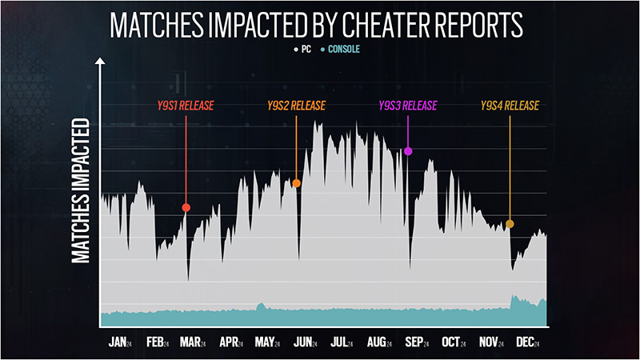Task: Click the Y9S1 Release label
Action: tap(185, 106)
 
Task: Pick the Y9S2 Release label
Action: tap(297, 106)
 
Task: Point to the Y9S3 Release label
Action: tap(408, 106)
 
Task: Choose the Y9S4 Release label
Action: tap(510, 106)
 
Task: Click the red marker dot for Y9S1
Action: tap(186, 208)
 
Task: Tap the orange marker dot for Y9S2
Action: tap(297, 183)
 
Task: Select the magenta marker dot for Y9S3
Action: tap(408, 151)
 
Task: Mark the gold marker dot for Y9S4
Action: tap(510, 224)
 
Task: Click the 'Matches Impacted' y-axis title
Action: tap(80, 191)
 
